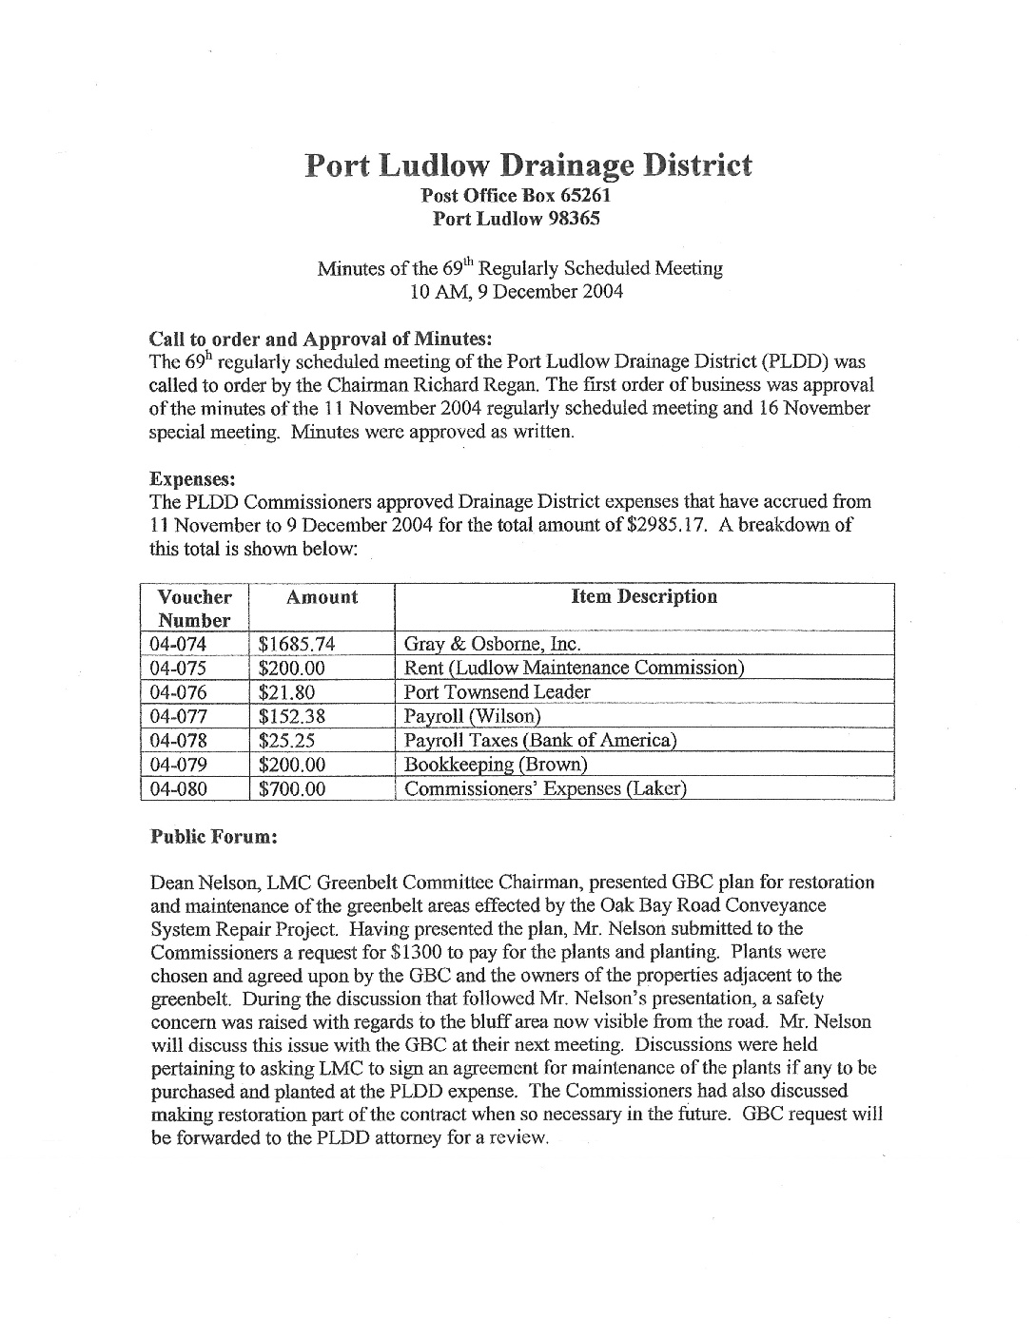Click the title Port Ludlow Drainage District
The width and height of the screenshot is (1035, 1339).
pyautogui.click(x=528, y=165)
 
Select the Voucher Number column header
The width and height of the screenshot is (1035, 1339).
pyautogui.click(x=194, y=608)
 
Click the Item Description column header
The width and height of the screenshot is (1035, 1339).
pyautogui.click(x=644, y=597)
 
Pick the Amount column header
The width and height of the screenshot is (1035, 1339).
pyautogui.click(x=322, y=597)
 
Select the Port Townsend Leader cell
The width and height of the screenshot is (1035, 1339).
pyautogui.click(x=497, y=692)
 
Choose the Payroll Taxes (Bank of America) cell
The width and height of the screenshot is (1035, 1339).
pyautogui.click(x=539, y=741)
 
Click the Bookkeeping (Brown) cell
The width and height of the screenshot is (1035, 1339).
pyautogui.click(x=496, y=765)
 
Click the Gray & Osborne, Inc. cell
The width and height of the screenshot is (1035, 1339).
pyautogui.click(x=492, y=644)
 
